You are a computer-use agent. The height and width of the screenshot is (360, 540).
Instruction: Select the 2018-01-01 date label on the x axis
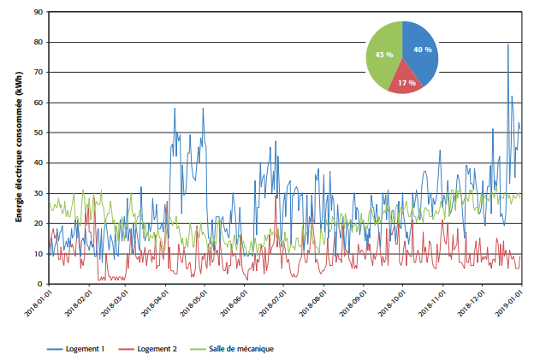37,306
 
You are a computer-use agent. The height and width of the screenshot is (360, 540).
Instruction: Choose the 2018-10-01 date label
389,306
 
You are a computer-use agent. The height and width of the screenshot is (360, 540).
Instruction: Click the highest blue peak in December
507,45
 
